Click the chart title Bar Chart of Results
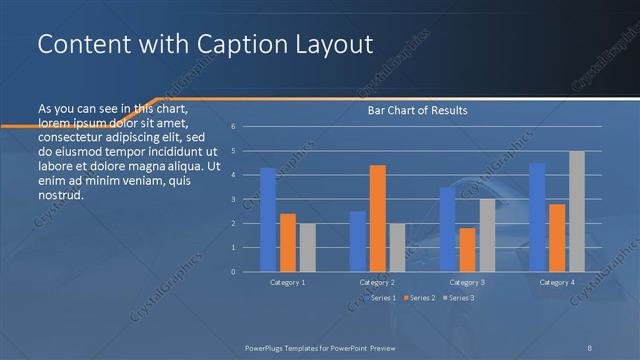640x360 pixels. pyautogui.click(x=412, y=110)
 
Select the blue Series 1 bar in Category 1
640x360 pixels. pyautogui.click(x=268, y=219)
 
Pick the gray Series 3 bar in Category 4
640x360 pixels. pyautogui.click(x=576, y=211)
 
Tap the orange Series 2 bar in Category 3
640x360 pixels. pyautogui.click(x=467, y=249)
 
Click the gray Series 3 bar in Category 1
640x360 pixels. pyautogui.click(x=307, y=247)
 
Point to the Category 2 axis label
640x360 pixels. pyautogui.click(x=377, y=283)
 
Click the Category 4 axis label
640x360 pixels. pyautogui.click(x=557, y=283)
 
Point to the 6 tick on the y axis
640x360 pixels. pyautogui.click(x=232, y=127)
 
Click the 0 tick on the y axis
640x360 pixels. pyautogui.click(x=232, y=271)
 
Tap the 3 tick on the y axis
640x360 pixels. pyautogui.click(x=232, y=199)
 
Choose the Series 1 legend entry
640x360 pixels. pyautogui.click(x=385, y=298)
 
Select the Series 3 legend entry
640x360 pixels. pyautogui.click(x=461, y=298)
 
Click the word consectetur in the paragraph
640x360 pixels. pyautogui.click(x=78, y=136)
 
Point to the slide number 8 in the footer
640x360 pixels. pyautogui.click(x=590, y=346)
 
